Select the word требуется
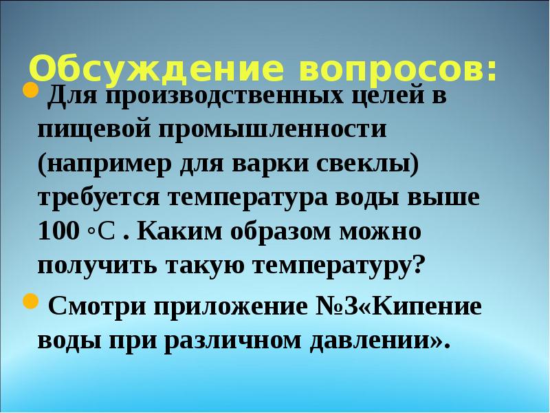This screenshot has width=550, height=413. [97, 198]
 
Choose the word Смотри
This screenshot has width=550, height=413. [97, 307]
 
